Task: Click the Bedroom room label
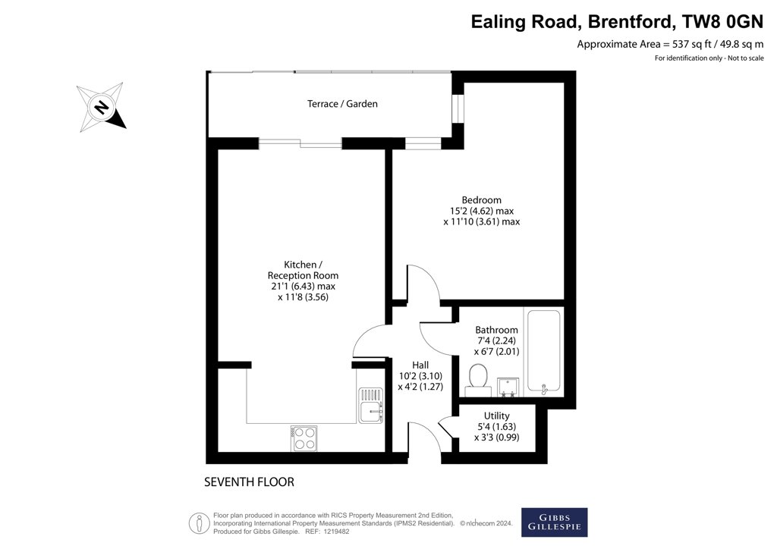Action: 481,200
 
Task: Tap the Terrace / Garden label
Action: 342,103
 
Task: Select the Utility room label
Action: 496,416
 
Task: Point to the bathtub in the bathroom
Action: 543,352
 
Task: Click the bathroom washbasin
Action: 508,387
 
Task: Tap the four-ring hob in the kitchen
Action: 304,438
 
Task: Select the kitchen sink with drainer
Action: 371,405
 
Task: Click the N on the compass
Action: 102,107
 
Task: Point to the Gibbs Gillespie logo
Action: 554,522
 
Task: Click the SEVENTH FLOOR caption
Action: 249,482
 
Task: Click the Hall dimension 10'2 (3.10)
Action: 420,376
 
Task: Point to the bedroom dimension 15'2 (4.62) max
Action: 482,211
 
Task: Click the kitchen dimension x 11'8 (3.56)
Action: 304,297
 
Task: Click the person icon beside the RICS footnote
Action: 200,523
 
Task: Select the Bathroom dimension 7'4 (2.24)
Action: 496,340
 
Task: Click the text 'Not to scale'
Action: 746,58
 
